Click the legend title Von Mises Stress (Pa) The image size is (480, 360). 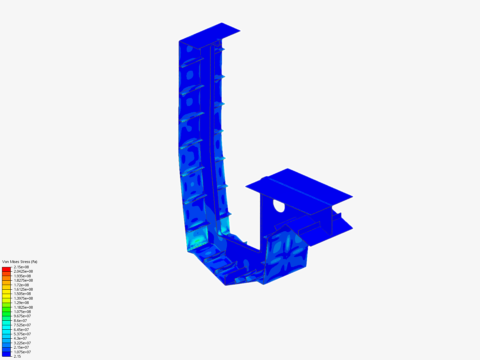click(20, 262)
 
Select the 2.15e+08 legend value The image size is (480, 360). click(21, 267)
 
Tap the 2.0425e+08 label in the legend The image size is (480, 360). click(23, 271)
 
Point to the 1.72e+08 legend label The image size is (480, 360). click(21, 285)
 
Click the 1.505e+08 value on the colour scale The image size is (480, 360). click(22, 294)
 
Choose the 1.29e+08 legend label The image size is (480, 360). click(21, 303)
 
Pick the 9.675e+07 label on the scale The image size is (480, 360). click(22, 316)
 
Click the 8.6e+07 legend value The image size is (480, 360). click(20, 321)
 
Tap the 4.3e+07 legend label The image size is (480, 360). click(20, 338)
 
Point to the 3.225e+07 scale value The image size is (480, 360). click(22, 343)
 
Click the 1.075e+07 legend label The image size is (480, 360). click(22, 352)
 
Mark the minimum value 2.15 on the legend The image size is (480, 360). click(17, 356)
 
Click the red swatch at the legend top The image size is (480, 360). click(6, 269)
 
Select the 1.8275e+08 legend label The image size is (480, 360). click(23, 280)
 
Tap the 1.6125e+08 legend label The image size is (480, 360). click(23, 289)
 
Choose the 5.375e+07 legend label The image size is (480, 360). click(22, 334)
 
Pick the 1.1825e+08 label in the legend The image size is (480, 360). click(23, 307)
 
